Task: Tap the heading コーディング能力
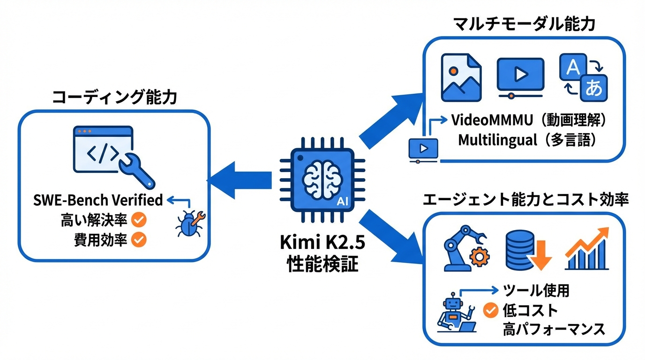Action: click(114, 97)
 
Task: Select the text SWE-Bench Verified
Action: click(98, 200)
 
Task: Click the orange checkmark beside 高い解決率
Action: click(139, 219)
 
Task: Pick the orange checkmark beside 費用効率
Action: click(139, 240)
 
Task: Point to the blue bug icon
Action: click(188, 224)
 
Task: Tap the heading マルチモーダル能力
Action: click(524, 24)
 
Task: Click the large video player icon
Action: click(520, 77)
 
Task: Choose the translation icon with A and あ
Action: click(583, 77)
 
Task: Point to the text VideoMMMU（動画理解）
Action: click(530, 120)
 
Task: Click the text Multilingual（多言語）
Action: click(528, 140)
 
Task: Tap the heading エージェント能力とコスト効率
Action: click(525, 200)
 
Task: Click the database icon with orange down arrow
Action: click(527, 251)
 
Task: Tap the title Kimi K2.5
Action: click(322, 243)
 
